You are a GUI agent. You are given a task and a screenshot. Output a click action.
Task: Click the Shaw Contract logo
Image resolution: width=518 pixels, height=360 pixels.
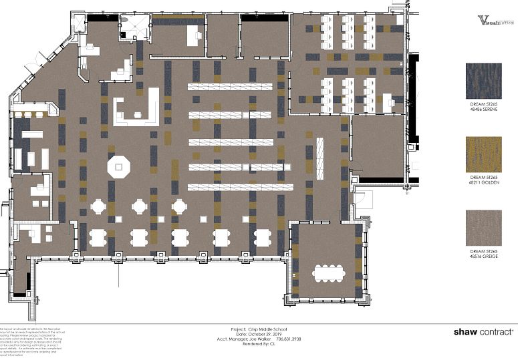(x=483, y=331)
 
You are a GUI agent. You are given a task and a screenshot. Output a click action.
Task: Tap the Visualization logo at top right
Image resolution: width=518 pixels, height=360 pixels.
(x=496, y=21)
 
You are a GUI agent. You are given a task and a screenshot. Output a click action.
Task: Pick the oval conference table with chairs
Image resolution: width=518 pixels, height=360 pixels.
(x=327, y=273)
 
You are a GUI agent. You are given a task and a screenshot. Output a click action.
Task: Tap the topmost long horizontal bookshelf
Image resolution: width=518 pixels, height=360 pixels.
(x=230, y=87)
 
